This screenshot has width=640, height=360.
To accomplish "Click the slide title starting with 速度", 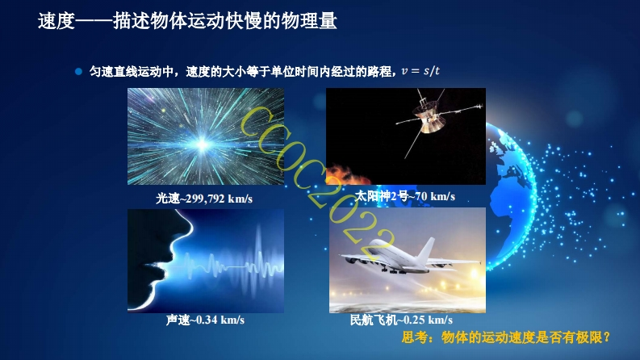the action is (187, 21).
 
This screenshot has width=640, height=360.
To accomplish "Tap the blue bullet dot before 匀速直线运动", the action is (79, 71).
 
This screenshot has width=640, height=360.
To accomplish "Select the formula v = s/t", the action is (420, 71).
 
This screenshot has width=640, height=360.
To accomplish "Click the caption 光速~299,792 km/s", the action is (204, 199).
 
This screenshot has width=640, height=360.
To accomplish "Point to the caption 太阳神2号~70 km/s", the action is (404, 196).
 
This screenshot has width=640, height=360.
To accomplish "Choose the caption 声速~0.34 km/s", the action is (205, 320).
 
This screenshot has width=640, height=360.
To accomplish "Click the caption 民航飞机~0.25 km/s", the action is (401, 320).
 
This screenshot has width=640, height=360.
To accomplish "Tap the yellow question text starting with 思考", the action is (506, 337).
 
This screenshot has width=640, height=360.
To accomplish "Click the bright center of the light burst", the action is (202, 144).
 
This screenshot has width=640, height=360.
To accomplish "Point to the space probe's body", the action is (428, 117).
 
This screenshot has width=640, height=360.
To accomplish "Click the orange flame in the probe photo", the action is (348, 174).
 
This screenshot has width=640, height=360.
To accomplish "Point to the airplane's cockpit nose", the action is (373, 245).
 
